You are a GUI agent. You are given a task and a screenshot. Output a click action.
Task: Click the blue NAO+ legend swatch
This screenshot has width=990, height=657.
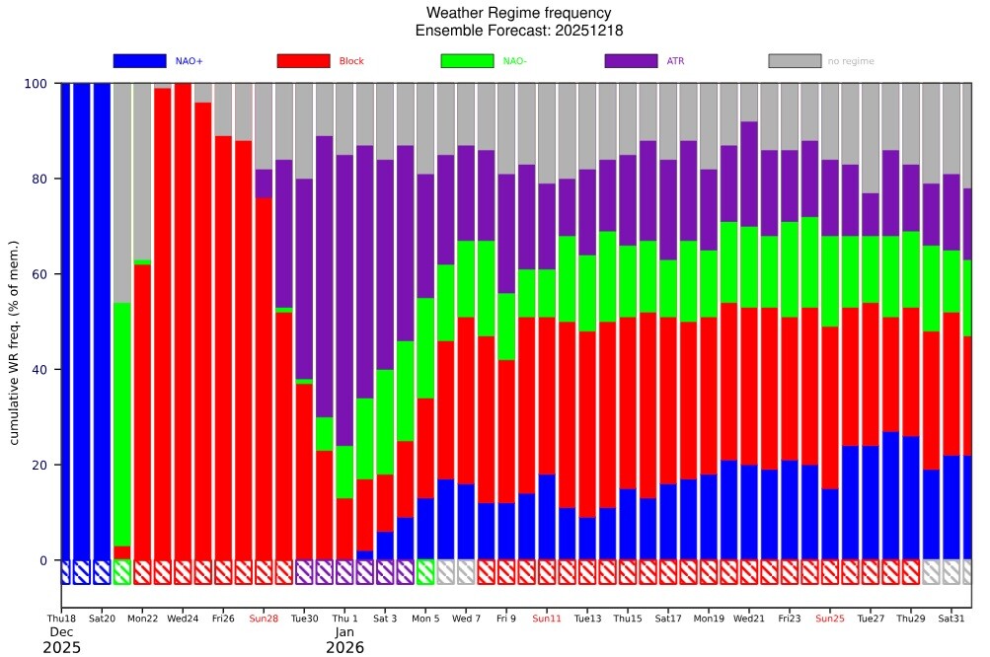[139, 61]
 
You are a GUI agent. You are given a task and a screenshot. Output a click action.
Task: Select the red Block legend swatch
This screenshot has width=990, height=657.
[303, 61]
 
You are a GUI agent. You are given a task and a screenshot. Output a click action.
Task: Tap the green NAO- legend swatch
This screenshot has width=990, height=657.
[467, 61]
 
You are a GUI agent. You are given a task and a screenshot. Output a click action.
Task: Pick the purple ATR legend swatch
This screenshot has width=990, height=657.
[631, 61]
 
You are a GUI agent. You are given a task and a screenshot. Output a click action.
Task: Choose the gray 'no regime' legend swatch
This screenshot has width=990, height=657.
[795, 61]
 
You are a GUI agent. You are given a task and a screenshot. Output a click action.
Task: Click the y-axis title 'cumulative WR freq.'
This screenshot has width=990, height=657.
[16, 341]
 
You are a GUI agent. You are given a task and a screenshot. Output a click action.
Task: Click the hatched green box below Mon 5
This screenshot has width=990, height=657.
[425, 572]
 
